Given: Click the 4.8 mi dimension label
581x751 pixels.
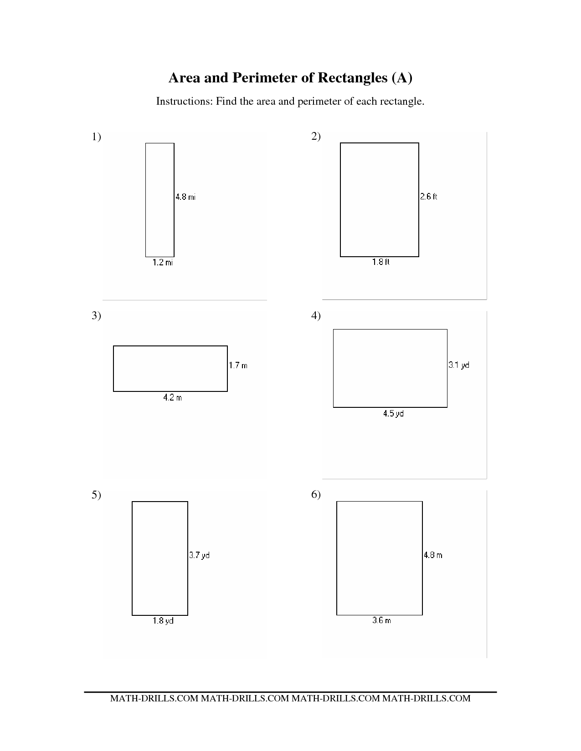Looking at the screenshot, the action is coord(185,197).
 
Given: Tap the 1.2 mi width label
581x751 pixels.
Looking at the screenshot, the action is coord(163,263).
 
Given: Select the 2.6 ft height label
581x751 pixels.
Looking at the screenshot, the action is coord(428,197).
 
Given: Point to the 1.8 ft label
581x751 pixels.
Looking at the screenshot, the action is coord(380,262).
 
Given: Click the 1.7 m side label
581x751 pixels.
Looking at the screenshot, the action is coord(238,365).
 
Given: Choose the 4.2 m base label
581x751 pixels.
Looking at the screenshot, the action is coord(172,398).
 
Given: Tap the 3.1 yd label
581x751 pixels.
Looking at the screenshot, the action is coord(459,365).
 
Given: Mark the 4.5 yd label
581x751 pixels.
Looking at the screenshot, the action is coord(393,414).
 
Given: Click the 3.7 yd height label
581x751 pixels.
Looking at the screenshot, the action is coord(199,555).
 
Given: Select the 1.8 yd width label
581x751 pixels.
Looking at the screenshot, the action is coord(163,621).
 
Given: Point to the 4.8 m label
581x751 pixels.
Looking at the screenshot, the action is coord(433,555).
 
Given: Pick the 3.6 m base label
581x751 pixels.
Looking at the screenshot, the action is coord(382,621).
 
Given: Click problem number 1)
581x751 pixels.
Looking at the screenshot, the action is coord(96,137).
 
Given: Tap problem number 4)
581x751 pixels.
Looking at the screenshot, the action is coord(316,315).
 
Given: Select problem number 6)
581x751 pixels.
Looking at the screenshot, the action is coord(316,495).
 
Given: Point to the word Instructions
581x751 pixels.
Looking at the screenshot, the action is coord(184,101).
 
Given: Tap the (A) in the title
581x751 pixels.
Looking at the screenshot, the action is coord(402,78).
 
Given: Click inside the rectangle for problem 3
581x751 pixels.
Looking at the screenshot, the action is coord(170,369).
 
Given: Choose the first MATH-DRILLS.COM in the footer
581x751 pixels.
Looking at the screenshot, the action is coord(154,699).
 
